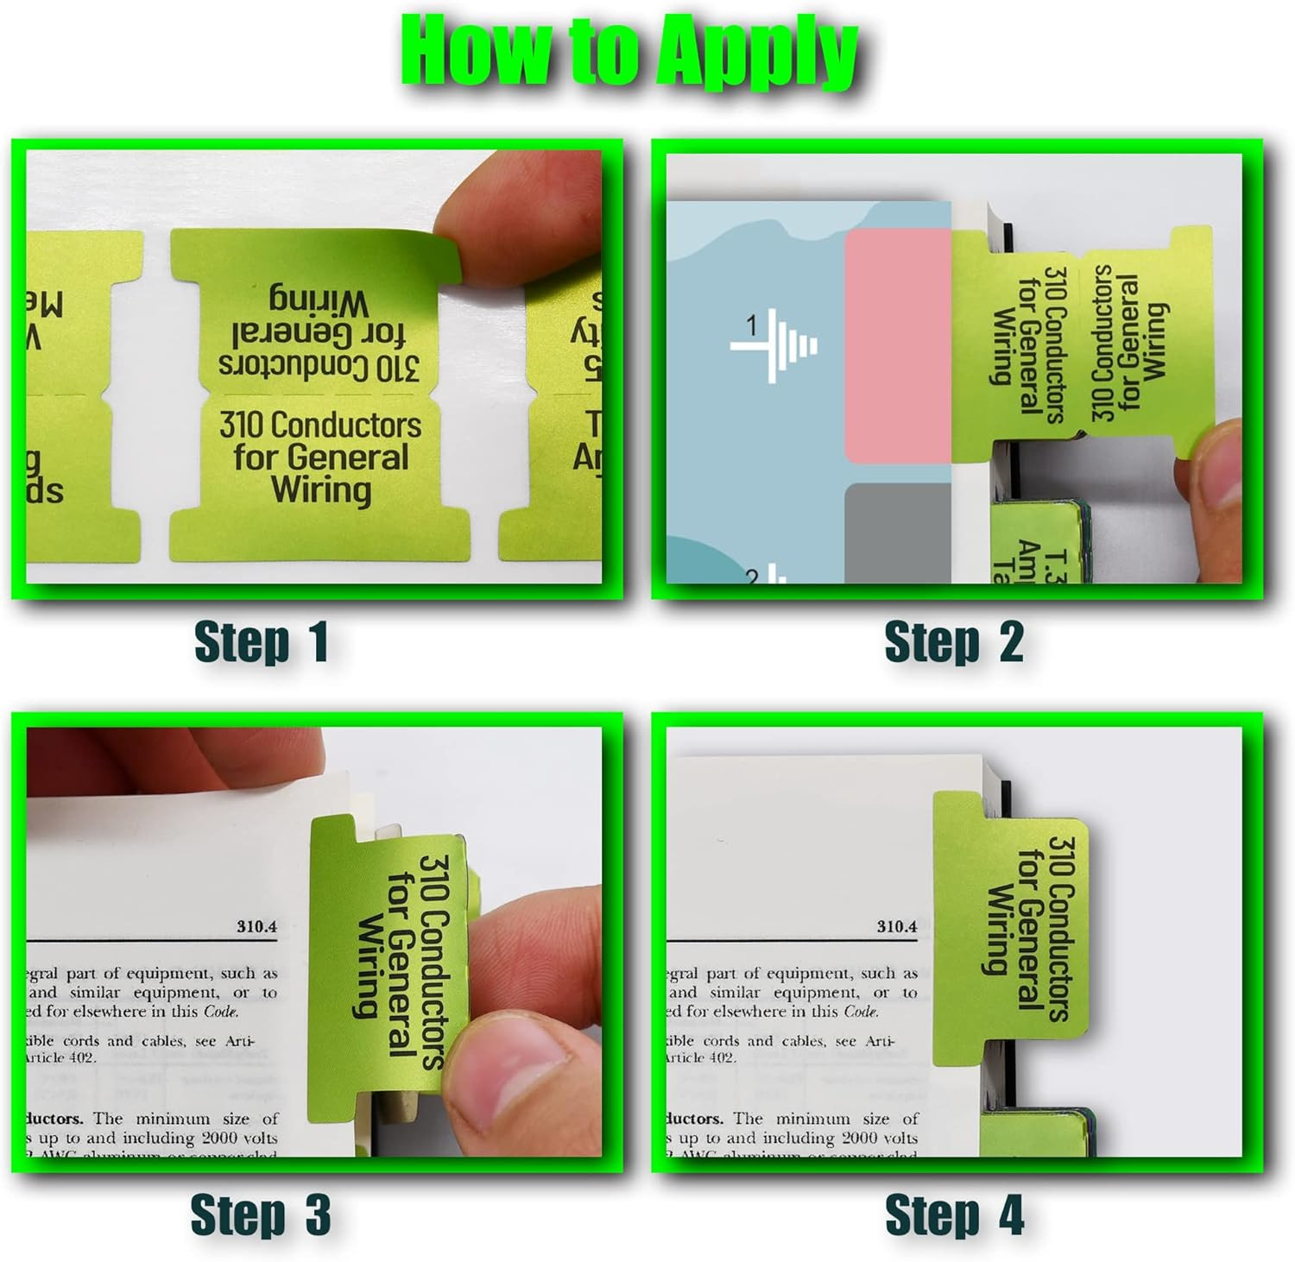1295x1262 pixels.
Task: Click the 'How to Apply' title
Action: coord(629,54)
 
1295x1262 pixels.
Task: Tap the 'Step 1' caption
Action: coord(261,642)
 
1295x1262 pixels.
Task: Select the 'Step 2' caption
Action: coord(954,642)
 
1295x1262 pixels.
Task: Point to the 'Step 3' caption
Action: coord(261,1215)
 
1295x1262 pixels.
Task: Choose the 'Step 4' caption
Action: coord(954,1215)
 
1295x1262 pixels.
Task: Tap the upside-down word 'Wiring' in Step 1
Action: coord(319,301)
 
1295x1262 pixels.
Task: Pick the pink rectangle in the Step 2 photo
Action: coord(898,345)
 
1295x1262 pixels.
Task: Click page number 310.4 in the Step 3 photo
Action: coord(256,927)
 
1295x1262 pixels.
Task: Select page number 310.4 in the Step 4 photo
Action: coord(897,927)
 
